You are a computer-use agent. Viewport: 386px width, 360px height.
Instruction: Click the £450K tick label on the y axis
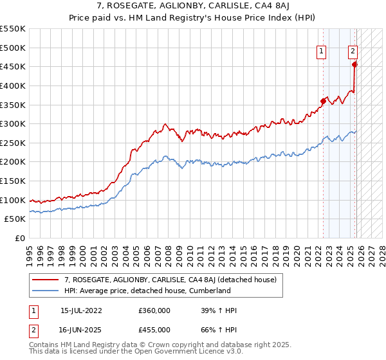coord(13,66)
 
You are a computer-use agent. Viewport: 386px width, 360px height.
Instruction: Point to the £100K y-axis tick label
coord(13,200)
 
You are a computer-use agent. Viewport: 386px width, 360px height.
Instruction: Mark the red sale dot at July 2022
coord(323,100)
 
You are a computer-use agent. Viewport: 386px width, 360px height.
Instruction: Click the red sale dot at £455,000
coord(354,64)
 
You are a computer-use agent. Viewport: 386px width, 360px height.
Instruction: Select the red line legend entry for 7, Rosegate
coord(170,280)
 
